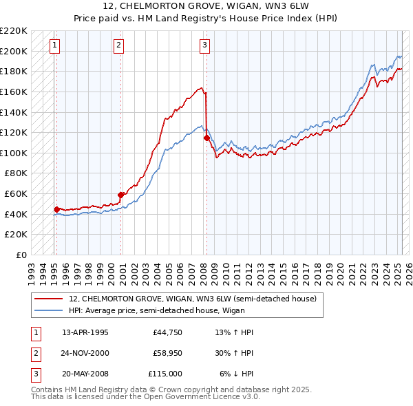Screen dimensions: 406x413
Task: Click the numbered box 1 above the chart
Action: tap(54, 46)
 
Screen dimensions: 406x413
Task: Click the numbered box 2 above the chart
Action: tap(119, 46)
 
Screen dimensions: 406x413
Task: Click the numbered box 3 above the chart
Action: tap(204, 46)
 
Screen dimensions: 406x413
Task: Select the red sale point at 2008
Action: tap(206, 138)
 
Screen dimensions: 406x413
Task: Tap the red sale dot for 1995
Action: tap(56, 209)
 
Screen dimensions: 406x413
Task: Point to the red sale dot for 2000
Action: tap(121, 195)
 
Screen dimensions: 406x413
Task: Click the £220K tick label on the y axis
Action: tap(14, 31)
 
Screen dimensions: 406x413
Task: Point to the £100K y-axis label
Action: tap(14, 153)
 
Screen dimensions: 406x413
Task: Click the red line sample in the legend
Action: tap(48, 299)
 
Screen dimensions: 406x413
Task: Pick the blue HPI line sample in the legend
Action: tap(48, 310)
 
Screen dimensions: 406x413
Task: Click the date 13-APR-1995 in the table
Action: tap(85, 332)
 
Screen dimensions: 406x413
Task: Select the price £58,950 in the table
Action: tap(165, 353)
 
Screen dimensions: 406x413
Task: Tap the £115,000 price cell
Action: tap(165, 374)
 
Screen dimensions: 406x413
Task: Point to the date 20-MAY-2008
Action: tap(85, 374)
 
